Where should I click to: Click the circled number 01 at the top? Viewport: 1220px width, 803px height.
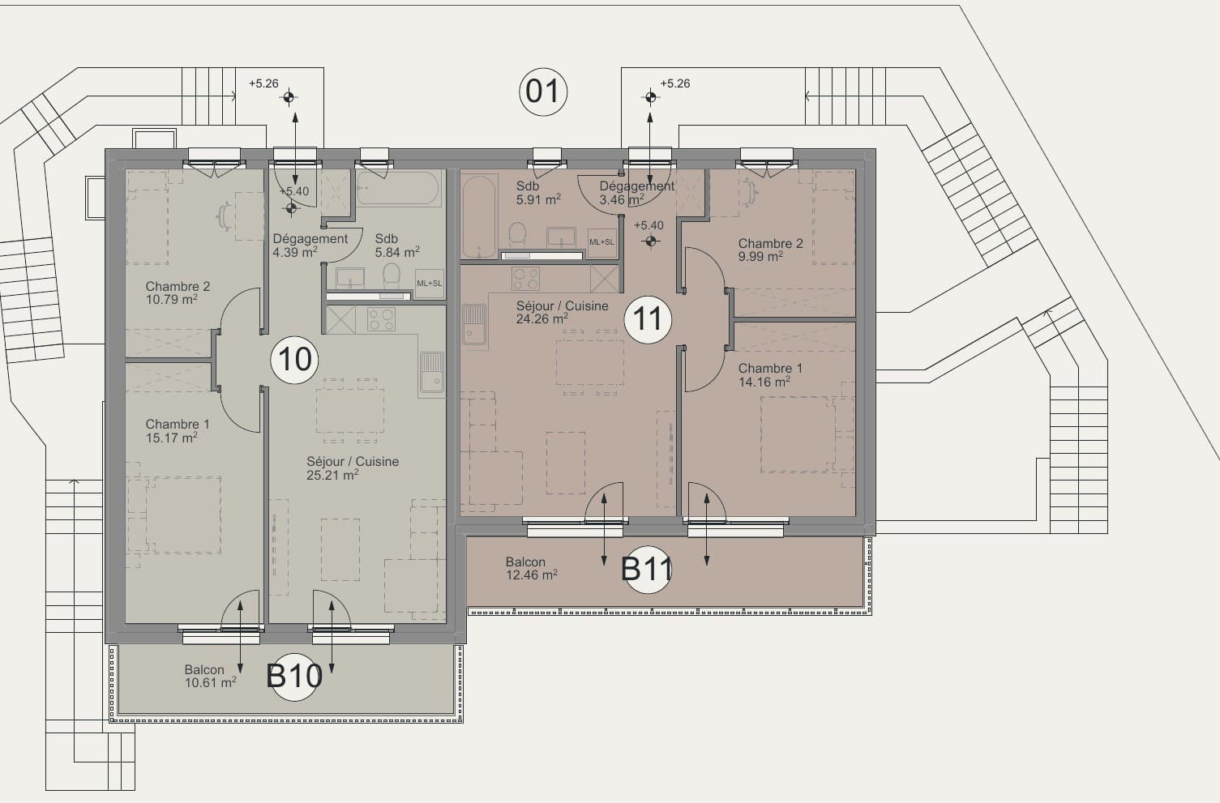543,92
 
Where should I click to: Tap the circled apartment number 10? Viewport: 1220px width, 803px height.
294,360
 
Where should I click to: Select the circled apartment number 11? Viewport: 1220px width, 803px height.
648,319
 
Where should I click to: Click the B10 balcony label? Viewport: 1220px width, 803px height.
294,676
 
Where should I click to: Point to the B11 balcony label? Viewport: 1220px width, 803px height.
647,570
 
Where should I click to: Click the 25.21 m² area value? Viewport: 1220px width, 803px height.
332,476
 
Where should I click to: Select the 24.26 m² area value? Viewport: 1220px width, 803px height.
542,319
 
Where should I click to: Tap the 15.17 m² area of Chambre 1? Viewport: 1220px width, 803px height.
172,438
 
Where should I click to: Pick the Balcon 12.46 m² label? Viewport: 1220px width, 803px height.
532,568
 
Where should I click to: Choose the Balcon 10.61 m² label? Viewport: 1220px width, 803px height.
210,676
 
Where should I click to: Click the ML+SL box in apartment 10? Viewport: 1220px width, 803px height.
429,284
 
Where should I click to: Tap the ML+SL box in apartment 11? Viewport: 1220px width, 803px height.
601,242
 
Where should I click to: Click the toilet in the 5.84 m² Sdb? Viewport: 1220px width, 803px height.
391,276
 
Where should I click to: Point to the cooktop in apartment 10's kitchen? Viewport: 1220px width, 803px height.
381,319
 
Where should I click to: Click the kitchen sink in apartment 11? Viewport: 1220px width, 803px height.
474,324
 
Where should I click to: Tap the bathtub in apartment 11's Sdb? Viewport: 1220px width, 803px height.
479,216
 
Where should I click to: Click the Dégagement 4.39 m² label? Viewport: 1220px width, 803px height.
310,246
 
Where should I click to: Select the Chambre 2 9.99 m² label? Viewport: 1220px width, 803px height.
770,250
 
